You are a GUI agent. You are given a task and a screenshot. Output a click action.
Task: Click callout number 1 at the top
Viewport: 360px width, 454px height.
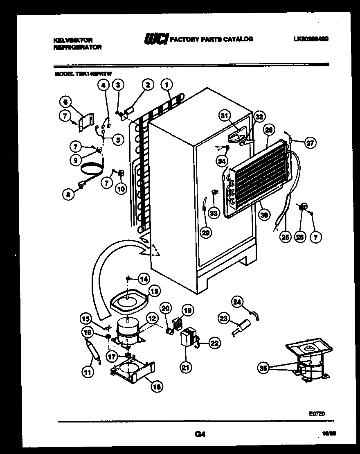click(x=166, y=85)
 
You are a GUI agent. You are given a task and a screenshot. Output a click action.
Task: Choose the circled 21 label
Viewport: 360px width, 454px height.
click(x=186, y=368)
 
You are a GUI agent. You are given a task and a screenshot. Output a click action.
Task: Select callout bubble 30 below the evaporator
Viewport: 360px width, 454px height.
click(x=264, y=215)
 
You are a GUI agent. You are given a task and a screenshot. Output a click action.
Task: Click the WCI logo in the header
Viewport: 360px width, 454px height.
click(x=155, y=39)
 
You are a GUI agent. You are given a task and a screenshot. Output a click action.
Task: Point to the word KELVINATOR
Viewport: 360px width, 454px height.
click(x=73, y=40)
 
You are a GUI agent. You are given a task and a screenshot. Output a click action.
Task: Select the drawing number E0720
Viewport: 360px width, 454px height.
click(x=317, y=414)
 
